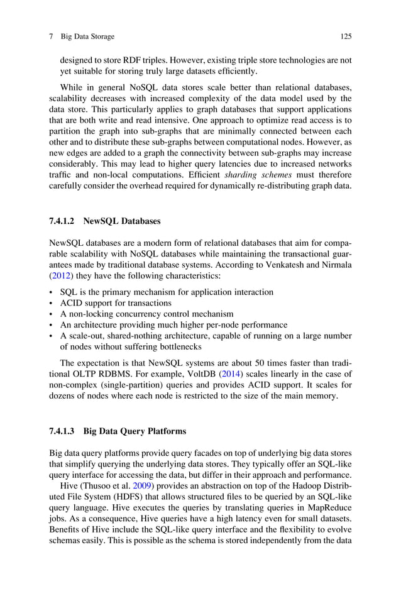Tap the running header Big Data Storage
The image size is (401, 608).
point(87,36)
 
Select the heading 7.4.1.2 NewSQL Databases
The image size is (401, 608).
point(105,221)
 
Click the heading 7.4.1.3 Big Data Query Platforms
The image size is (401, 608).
point(118,431)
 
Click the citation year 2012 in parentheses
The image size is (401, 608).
point(60,275)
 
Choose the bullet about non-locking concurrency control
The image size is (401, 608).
point(146,314)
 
